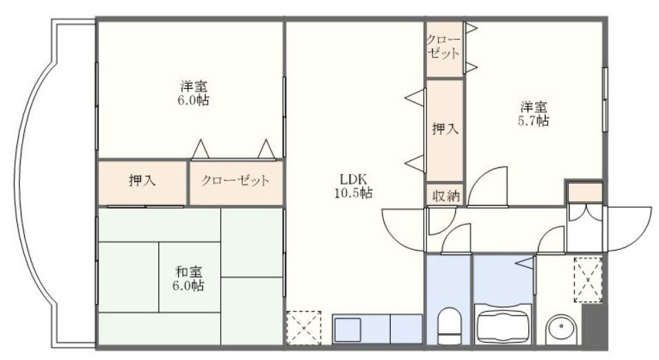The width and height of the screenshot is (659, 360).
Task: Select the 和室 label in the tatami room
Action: click(188, 271)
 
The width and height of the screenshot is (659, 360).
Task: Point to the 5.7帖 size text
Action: click(533, 120)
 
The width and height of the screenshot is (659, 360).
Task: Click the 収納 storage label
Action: click(444, 195)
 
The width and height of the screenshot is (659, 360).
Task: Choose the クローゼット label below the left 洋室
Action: click(235, 182)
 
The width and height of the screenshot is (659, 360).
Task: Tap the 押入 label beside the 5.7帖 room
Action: click(444, 128)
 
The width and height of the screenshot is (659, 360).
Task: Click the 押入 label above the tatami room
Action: click(142, 182)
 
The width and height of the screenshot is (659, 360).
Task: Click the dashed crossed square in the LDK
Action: click(303, 328)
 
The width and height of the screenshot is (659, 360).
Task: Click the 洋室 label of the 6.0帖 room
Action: click(194, 87)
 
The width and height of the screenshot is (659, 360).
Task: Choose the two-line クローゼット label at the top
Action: click(443, 46)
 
